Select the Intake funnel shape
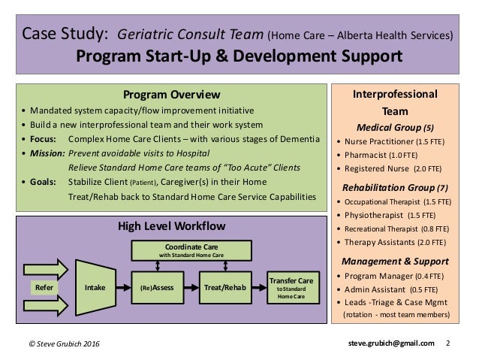[95, 286]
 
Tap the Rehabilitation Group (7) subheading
[397, 187]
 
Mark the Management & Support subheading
[397, 261]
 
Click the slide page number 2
[448, 343]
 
